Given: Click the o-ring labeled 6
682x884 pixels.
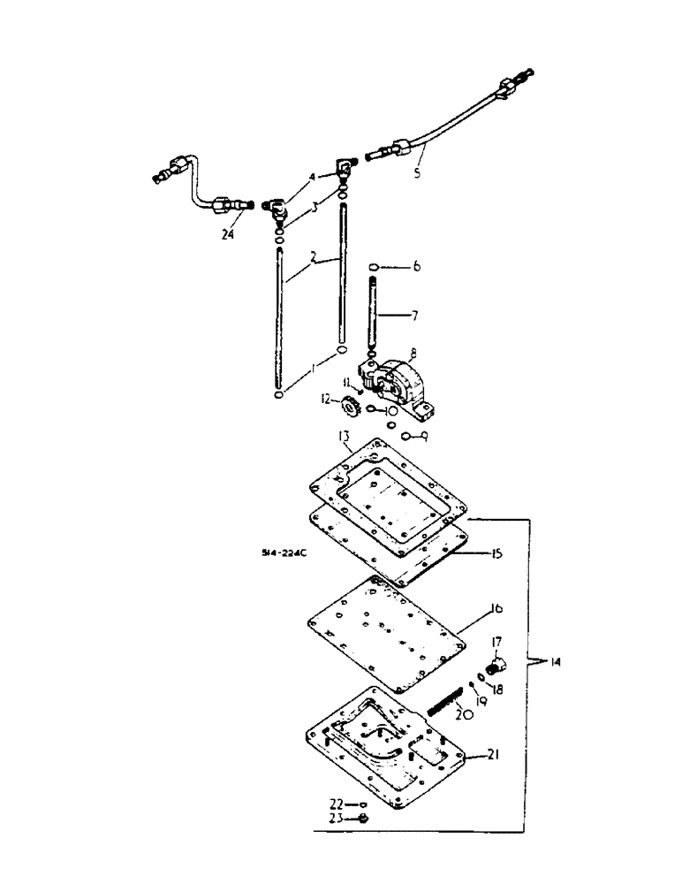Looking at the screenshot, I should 375,266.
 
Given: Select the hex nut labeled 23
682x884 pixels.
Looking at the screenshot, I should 364,819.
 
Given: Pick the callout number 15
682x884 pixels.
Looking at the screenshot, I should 496,554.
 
